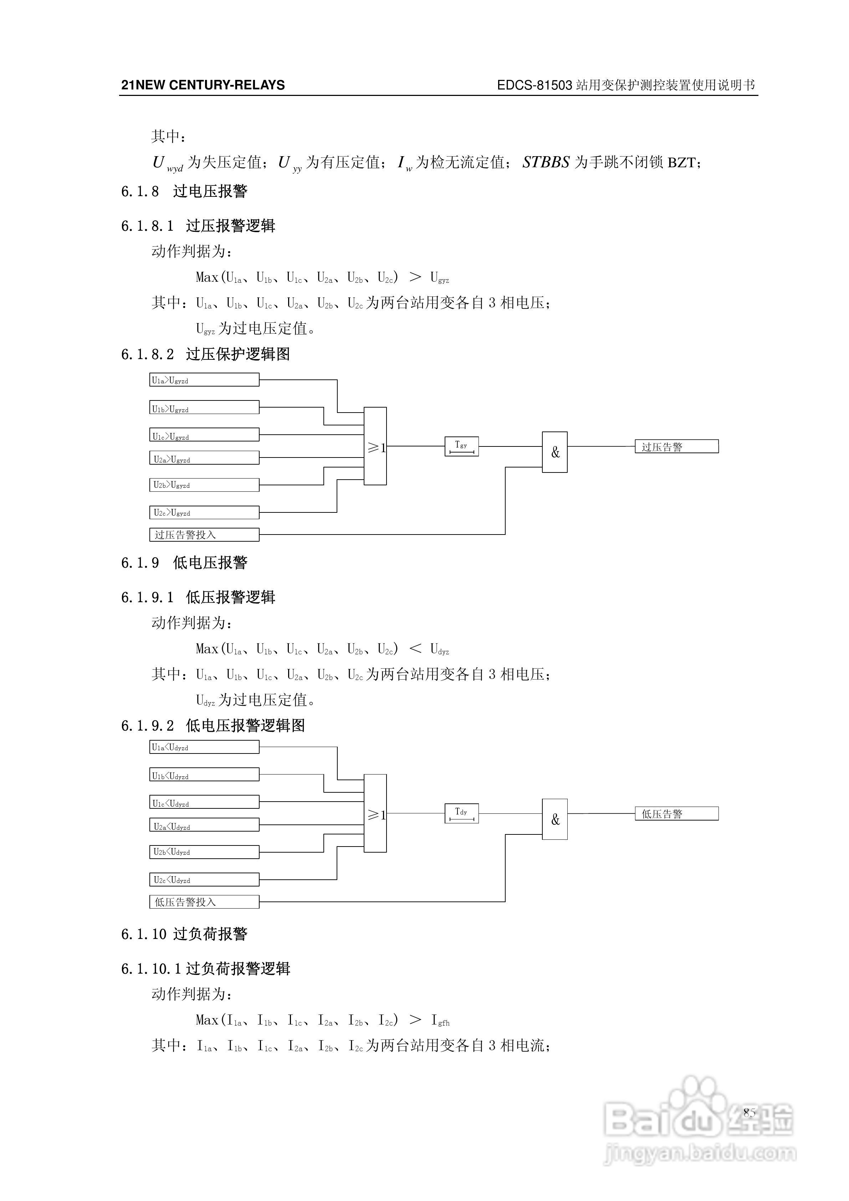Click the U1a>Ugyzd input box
(x=204, y=380)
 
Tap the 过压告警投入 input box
(x=204, y=535)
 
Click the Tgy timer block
(x=461, y=446)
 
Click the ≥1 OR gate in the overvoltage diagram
(x=375, y=446)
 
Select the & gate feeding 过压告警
(x=554, y=452)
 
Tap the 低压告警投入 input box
(x=204, y=902)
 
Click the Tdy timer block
(x=461, y=813)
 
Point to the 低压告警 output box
(x=676, y=813)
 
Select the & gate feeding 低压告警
(x=554, y=819)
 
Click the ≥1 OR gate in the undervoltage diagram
(x=375, y=813)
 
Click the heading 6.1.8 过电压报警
(x=184, y=191)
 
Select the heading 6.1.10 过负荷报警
(x=184, y=934)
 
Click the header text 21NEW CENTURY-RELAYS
(x=203, y=85)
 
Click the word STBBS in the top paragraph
(x=546, y=163)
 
